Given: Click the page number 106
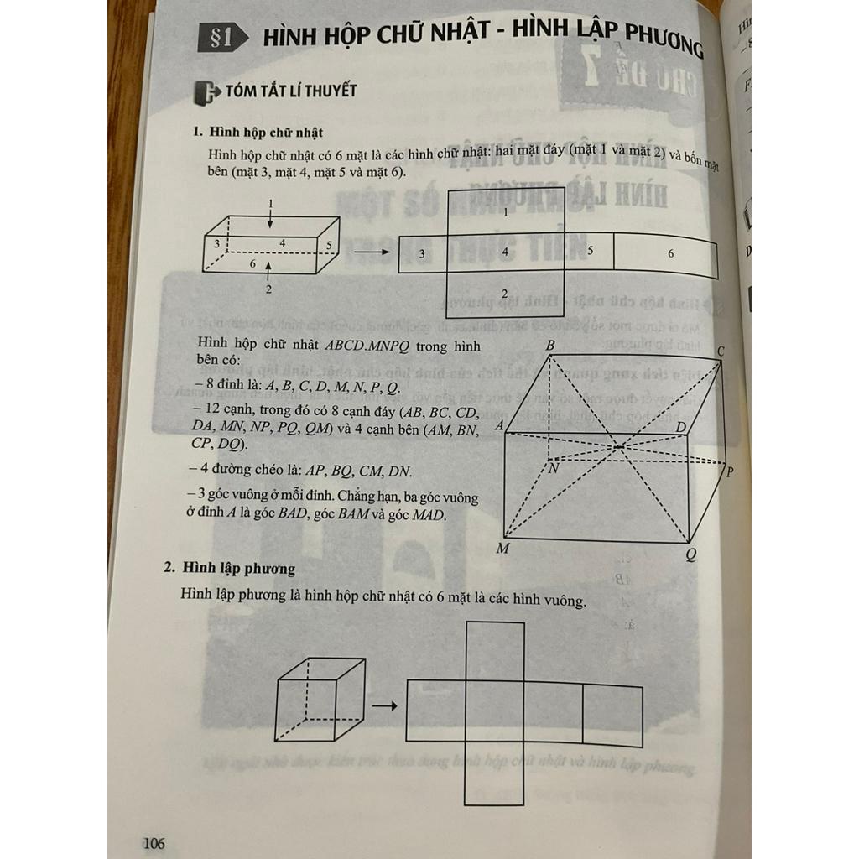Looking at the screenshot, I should [x=154, y=842].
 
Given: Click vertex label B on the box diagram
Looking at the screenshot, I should [x=550, y=346].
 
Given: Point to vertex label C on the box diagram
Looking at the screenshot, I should [x=721, y=350].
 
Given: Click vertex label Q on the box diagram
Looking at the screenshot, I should [x=690, y=554].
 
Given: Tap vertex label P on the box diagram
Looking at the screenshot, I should [x=729, y=471].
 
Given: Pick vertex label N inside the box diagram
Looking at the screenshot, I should [x=554, y=468].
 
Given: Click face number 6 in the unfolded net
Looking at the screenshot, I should [x=670, y=253].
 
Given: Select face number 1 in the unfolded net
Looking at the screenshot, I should [x=505, y=213].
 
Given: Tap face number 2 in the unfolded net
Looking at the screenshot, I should [x=504, y=293].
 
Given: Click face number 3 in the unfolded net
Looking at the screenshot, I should [x=421, y=253].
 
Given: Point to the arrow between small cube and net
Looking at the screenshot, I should [x=383, y=705].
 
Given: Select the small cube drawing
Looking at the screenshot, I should [x=321, y=699].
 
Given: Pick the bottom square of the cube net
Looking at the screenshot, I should [x=495, y=774].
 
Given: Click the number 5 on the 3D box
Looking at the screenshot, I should [x=330, y=246].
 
